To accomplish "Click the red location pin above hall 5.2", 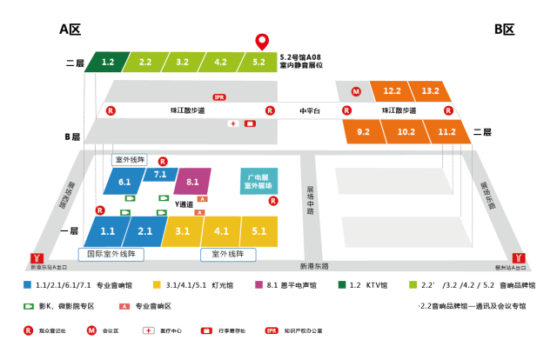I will click(260, 41).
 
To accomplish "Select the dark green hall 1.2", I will click(106, 63).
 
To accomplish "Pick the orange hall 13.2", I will click(428, 90).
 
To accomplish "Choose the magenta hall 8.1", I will click(192, 182).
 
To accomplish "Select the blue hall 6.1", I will click(124, 182).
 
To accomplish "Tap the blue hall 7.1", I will click(159, 175).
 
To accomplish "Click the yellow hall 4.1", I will click(221, 231).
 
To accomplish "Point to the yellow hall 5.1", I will click(258, 231).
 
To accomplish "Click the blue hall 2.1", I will click(144, 231).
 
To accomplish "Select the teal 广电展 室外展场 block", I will click(258, 180).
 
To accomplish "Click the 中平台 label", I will click(309, 111).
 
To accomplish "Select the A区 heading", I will click(70, 30).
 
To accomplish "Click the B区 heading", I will click(505, 30).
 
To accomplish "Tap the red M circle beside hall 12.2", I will click(356, 90).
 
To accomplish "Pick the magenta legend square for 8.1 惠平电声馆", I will click(258, 285).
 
